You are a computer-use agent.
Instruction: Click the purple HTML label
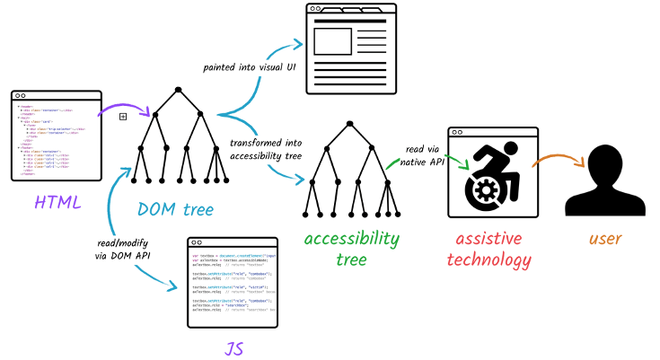57,203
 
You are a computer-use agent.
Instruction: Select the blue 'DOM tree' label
176,209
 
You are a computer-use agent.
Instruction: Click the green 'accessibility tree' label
350,248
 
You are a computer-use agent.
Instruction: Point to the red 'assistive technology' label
493,248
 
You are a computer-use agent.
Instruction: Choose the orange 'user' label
606,239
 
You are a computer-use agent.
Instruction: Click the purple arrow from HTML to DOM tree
114,111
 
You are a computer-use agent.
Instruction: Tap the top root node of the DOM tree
179,88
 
